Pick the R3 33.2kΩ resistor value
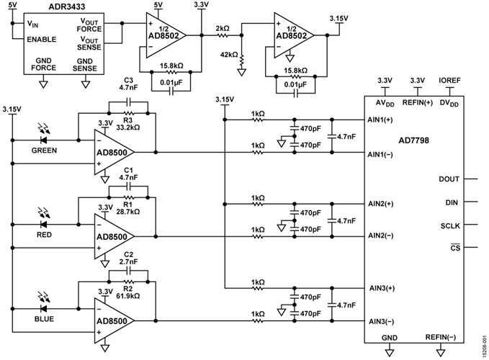(132, 127)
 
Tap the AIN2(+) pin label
(381, 204)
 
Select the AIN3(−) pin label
(380, 321)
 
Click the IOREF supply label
(450, 81)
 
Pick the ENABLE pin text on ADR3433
(42, 38)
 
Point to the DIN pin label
(452, 202)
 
